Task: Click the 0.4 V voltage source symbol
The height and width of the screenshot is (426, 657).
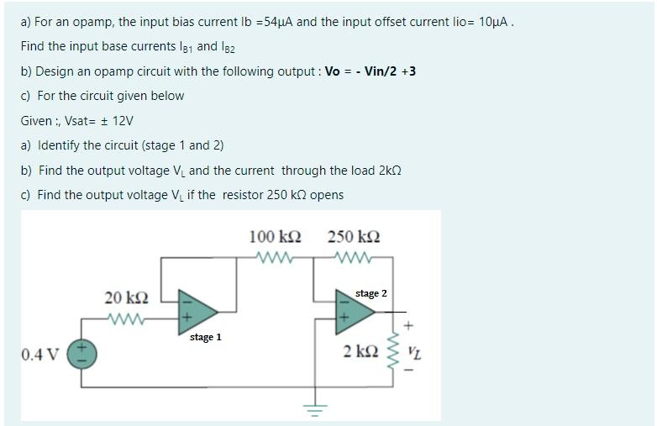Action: pos(83,353)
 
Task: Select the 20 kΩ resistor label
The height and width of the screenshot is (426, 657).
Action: pos(127,297)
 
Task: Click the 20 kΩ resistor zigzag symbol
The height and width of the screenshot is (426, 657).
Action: pos(127,318)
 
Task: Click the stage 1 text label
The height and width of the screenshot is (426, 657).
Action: pos(206,337)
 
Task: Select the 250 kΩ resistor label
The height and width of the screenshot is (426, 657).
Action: pos(354,236)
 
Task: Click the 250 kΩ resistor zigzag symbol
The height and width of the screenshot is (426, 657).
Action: pos(354,256)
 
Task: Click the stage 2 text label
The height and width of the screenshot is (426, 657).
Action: pos(371,293)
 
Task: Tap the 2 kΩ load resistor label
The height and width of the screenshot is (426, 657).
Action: pos(359,350)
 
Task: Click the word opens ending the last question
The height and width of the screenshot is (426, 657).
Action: pos(326,195)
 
